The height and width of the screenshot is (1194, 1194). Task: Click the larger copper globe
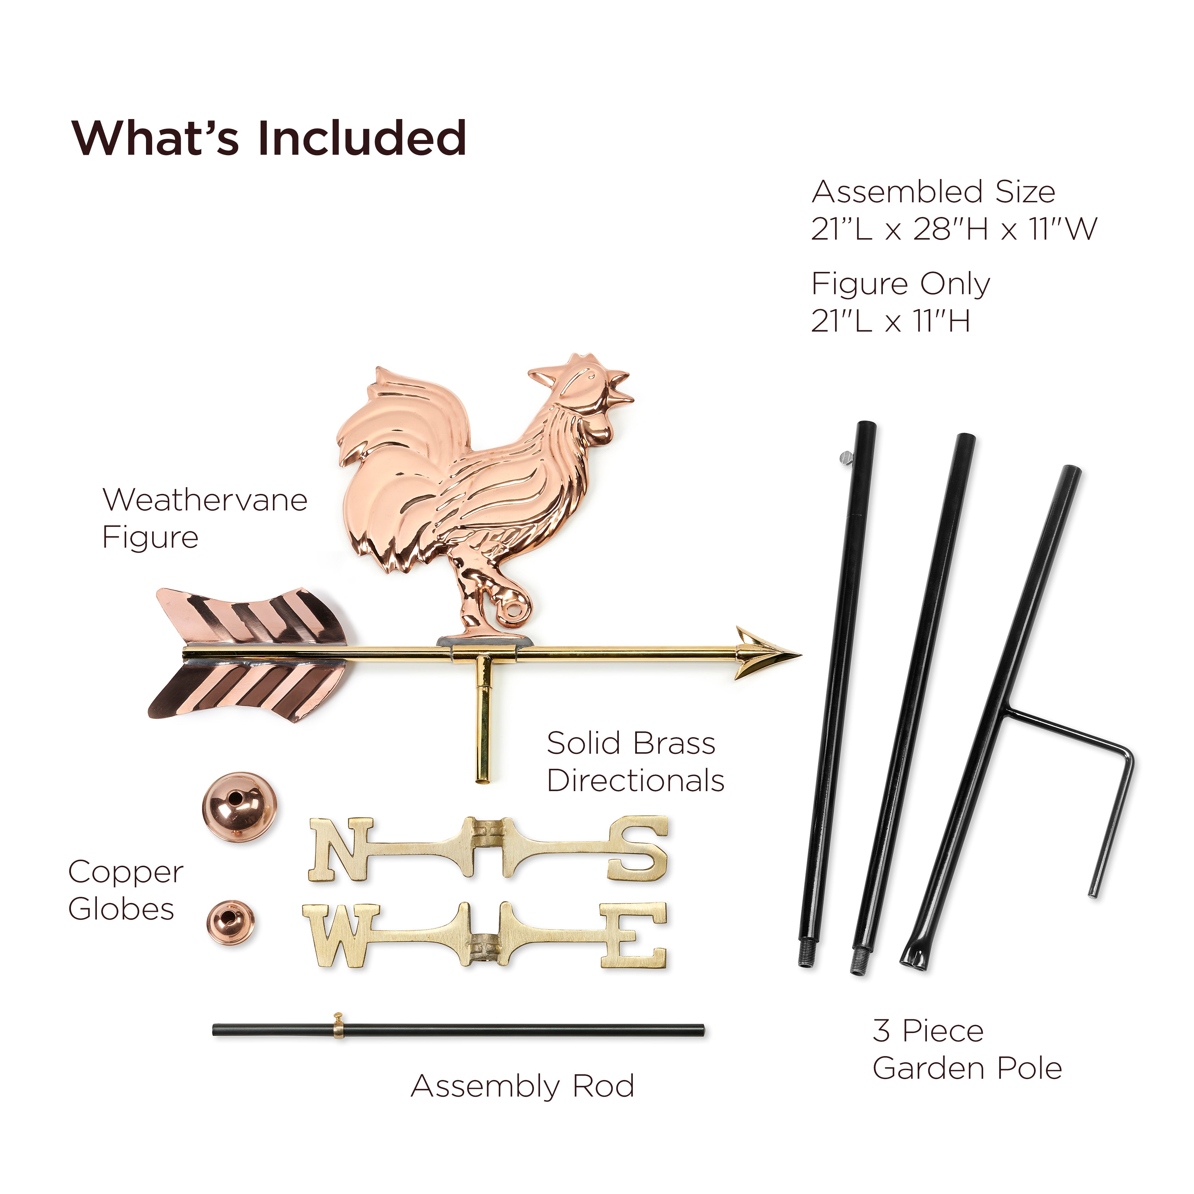tap(239, 807)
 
